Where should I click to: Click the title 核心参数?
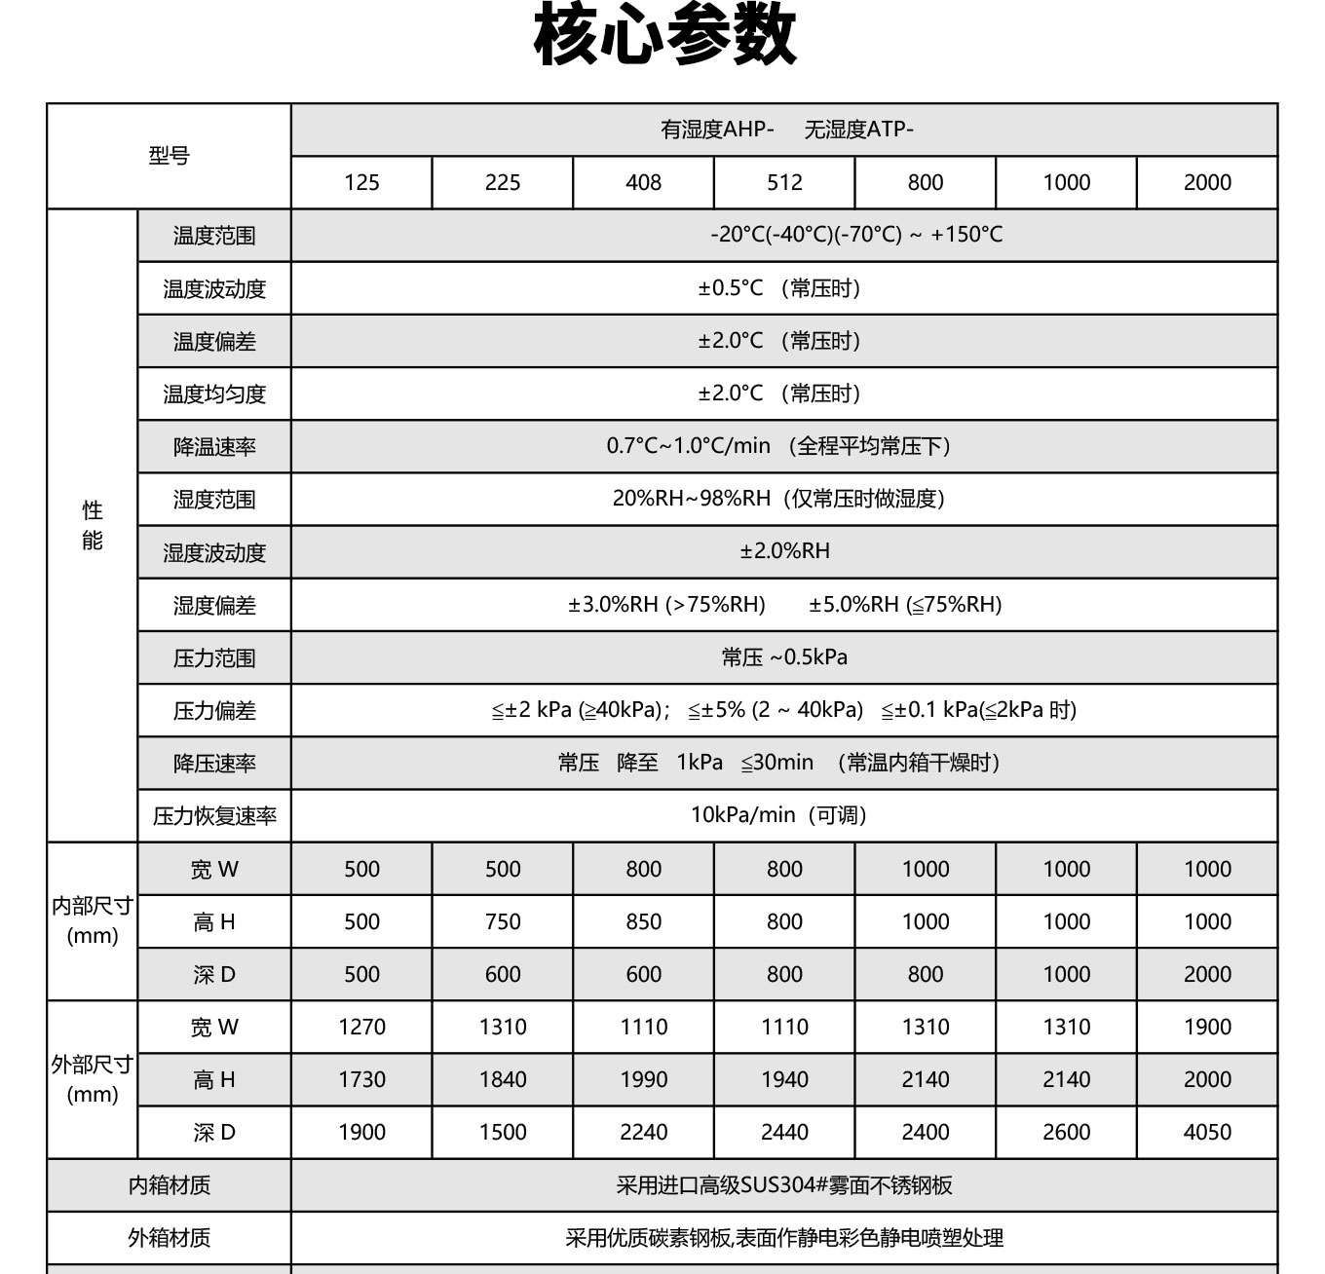[664, 37]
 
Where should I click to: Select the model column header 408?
[643, 182]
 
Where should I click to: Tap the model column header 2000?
[1207, 182]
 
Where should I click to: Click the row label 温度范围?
[214, 236]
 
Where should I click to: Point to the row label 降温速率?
[214, 447]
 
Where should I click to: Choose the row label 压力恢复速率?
[214, 816]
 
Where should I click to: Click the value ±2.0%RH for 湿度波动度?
[784, 551]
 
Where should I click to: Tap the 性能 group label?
[93, 525]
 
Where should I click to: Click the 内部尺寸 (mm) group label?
[93, 920]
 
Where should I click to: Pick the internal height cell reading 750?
[503, 921]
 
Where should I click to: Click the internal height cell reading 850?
[643, 921]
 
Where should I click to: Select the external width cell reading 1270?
[361, 1027]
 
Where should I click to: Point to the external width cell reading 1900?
[1207, 1027]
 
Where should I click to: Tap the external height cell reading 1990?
[643, 1079]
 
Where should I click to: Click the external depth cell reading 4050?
[1207, 1132]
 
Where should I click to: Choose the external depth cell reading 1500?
[503, 1132]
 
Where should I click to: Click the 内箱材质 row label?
[169, 1185]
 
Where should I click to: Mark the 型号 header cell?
[169, 156]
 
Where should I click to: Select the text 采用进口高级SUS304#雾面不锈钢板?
[784, 1185]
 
